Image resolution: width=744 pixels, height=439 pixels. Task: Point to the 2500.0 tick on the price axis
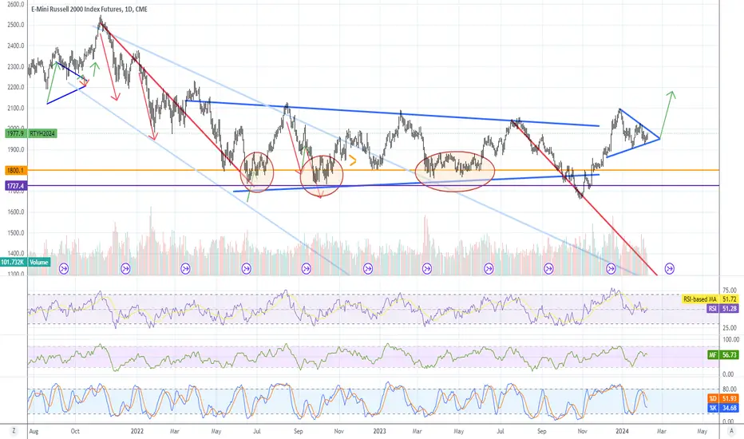pos(14,24)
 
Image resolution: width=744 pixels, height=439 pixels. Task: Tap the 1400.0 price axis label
pos(14,253)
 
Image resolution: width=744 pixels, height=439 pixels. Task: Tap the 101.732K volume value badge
pos(13,262)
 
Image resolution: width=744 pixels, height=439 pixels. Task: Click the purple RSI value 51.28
pos(724,307)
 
